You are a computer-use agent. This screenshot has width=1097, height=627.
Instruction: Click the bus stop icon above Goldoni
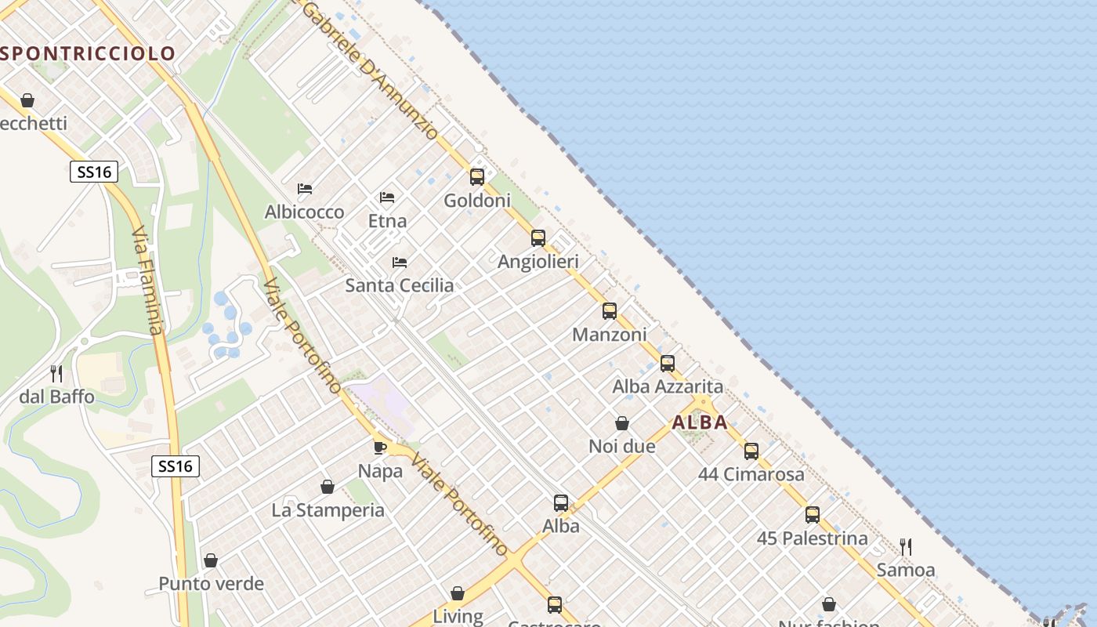point(477,176)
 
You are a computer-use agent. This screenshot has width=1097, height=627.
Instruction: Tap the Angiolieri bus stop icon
point(538,237)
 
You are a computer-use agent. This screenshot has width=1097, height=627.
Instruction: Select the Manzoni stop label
point(610,335)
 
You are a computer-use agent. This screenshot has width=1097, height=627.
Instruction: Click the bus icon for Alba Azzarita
point(668,363)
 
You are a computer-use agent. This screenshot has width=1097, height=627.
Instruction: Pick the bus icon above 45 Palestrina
point(813,514)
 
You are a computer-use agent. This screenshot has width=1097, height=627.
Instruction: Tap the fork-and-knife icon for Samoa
point(906,546)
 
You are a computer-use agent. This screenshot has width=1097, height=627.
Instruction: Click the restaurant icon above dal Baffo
point(56,373)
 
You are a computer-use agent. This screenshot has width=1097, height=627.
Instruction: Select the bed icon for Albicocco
point(305,189)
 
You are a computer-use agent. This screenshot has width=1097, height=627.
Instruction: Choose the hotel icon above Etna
point(387,197)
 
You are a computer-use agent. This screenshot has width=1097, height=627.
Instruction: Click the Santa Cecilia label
point(400,285)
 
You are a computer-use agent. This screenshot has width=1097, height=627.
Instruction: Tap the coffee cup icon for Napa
point(380,448)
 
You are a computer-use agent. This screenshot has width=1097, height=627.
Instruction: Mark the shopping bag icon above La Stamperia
point(328,487)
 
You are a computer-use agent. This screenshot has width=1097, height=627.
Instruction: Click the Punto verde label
point(212,584)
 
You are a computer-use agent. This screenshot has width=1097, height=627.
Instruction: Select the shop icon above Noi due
point(622,423)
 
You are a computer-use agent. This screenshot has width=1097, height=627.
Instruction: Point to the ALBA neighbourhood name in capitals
point(700,422)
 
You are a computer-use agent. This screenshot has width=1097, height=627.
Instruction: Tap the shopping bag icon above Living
point(458,593)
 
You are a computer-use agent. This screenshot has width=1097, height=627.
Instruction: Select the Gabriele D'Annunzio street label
point(370,71)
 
